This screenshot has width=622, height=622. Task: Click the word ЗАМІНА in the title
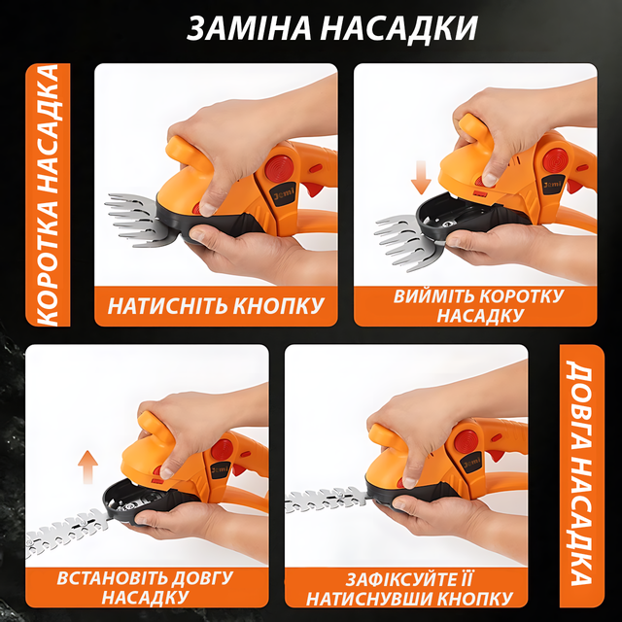coord(249,28)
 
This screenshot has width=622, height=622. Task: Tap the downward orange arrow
coord(421,177)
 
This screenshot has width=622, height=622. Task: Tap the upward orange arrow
coord(87,466)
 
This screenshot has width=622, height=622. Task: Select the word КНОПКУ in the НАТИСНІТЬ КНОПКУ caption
coord(278,306)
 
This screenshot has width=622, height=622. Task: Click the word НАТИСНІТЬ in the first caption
coord(167,306)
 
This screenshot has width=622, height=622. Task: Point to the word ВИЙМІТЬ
coord(432,296)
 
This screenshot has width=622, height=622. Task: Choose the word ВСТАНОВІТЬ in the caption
coord(118,578)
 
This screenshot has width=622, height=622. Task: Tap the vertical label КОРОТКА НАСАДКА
coord(48,194)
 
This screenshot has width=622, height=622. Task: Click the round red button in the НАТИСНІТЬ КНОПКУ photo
coord(280,166)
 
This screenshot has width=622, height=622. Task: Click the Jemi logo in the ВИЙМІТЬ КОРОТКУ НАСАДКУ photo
coord(552,185)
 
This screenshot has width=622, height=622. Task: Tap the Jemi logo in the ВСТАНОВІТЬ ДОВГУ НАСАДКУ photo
coord(220,470)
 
